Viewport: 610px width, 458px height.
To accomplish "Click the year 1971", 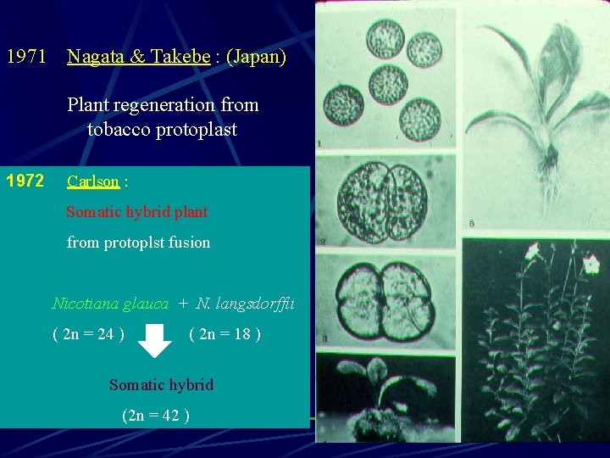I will pyautogui.click(x=26, y=58).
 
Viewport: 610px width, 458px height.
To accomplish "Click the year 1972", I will pyautogui.click(x=25, y=181).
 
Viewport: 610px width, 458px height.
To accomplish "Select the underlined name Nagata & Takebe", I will pyautogui.click(x=138, y=58).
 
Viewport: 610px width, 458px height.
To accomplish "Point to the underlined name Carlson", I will pyautogui.click(x=93, y=182).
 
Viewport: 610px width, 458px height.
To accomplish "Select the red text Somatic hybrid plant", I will pyautogui.click(x=137, y=212).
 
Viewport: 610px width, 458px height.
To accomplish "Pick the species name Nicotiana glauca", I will pyautogui.click(x=110, y=304).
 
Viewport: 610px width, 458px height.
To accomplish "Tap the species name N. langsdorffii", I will pyautogui.click(x=245, y=304).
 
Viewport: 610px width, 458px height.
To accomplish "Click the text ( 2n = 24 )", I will pyautogui.click(x=89, y=334).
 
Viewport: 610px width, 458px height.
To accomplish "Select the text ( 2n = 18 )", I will pyautogui.click(x=225, y=334).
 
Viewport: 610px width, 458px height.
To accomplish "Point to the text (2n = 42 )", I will pyautogui.click(x=155, y=416).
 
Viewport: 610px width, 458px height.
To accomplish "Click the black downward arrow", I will pyautogui.click(x=155, y=340).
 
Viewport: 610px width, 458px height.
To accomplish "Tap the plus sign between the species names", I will pyautogui.click(x=182, y=304).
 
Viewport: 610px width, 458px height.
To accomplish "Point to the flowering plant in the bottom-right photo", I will pyautogui.click(x=542, y=339).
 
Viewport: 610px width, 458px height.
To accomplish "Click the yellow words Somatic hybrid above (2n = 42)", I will pyautogui.click(x=161, y=385).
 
